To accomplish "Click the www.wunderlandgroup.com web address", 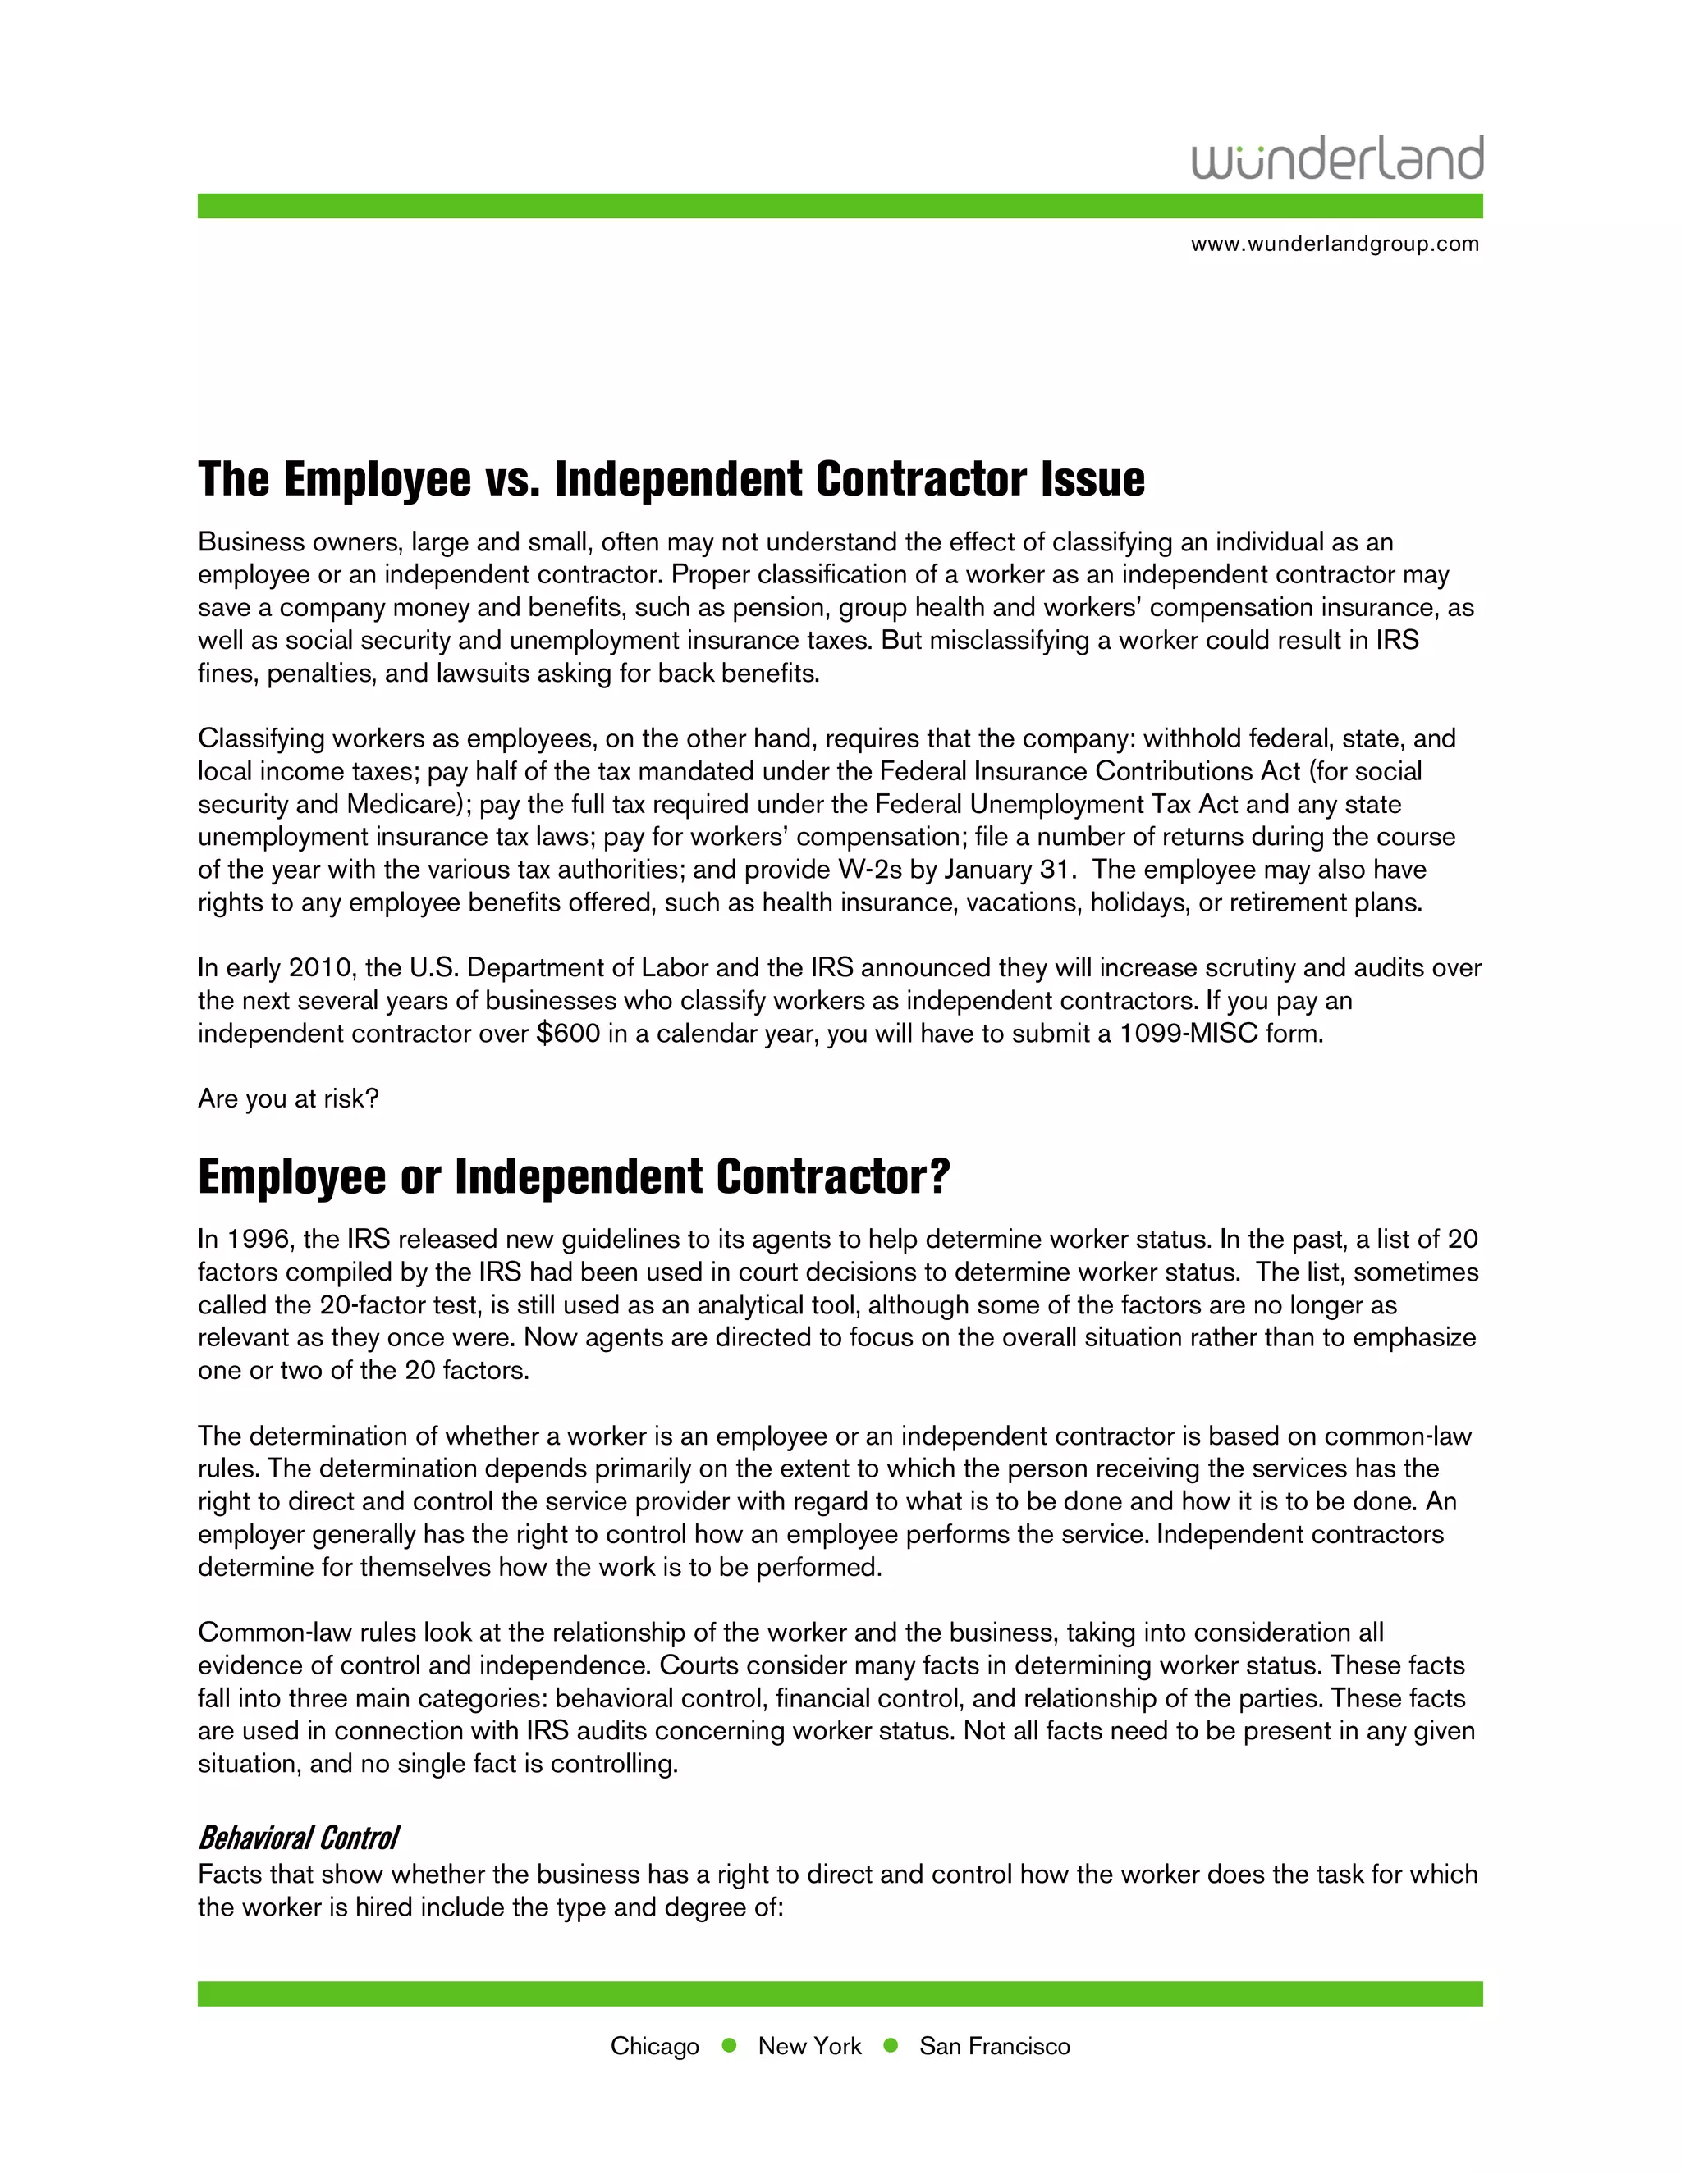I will [1335, 244].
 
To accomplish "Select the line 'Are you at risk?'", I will [289, 1099].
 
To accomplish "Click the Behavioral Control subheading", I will [299, 1838].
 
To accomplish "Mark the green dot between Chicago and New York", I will [729, 2045].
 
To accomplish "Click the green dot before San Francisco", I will [891, 2045].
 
